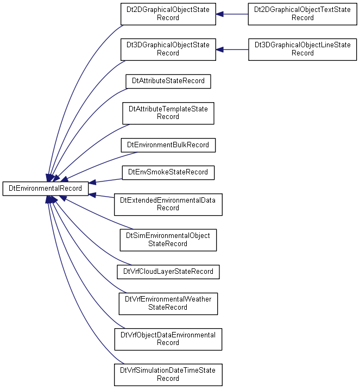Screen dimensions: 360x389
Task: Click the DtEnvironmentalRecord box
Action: pos(46,189)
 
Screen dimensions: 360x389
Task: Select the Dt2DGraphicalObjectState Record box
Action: pos(168,14)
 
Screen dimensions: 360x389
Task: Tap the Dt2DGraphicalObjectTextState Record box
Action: pos(302,14)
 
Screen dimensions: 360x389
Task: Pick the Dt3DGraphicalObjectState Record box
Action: pos(168,49)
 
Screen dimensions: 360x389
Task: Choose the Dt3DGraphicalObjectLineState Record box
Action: pos(302,49)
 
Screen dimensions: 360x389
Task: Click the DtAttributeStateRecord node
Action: pos(168,81)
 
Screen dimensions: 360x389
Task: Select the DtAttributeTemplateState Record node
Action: pos(168,113)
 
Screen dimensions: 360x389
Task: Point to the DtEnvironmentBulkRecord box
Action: pos(168,145)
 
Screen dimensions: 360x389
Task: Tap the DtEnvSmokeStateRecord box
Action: pos(168,173)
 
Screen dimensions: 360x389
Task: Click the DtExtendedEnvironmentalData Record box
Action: pos(168,204)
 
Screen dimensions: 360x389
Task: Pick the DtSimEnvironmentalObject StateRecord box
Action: pos(168,240)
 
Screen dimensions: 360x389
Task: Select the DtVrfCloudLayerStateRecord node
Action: pos(168,272)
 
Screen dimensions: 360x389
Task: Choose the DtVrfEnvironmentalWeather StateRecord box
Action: pos(168,304)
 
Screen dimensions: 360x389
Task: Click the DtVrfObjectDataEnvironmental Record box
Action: pos(168,340)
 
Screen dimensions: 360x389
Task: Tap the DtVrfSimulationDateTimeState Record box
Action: pos(168,375)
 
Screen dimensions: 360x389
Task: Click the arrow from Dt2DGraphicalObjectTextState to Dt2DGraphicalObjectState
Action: pos(232,14)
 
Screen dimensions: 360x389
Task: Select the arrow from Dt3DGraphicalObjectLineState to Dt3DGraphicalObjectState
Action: pos(232,49)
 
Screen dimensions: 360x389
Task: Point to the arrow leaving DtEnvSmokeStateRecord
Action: pos(105,181)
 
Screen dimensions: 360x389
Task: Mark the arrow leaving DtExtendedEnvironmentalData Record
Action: pos(102,196)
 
